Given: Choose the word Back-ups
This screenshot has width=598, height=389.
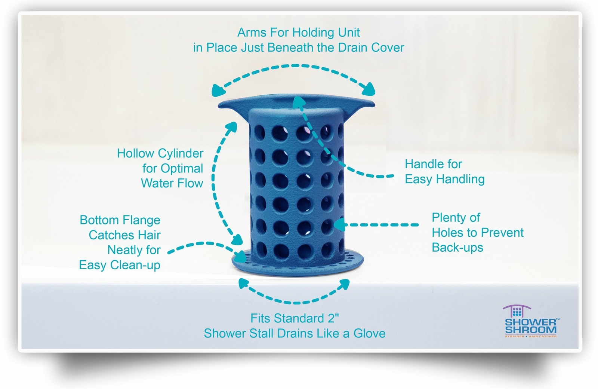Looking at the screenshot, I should (x=457, y=248).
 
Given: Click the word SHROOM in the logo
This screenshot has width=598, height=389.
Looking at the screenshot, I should (x=530, y=330).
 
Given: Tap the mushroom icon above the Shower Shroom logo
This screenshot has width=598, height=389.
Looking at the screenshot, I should (x=517, y=311).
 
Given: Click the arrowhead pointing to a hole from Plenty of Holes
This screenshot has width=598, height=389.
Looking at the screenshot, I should (x=339, y=224).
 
